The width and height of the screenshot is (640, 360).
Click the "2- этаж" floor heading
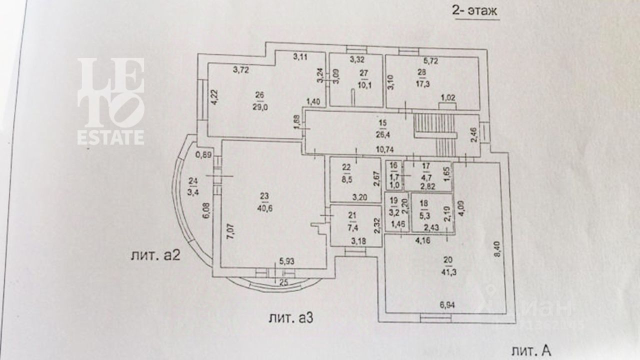coord(475,10)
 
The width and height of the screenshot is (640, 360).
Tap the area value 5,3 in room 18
coord(424,216)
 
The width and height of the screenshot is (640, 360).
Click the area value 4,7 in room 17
coord(425,175)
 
